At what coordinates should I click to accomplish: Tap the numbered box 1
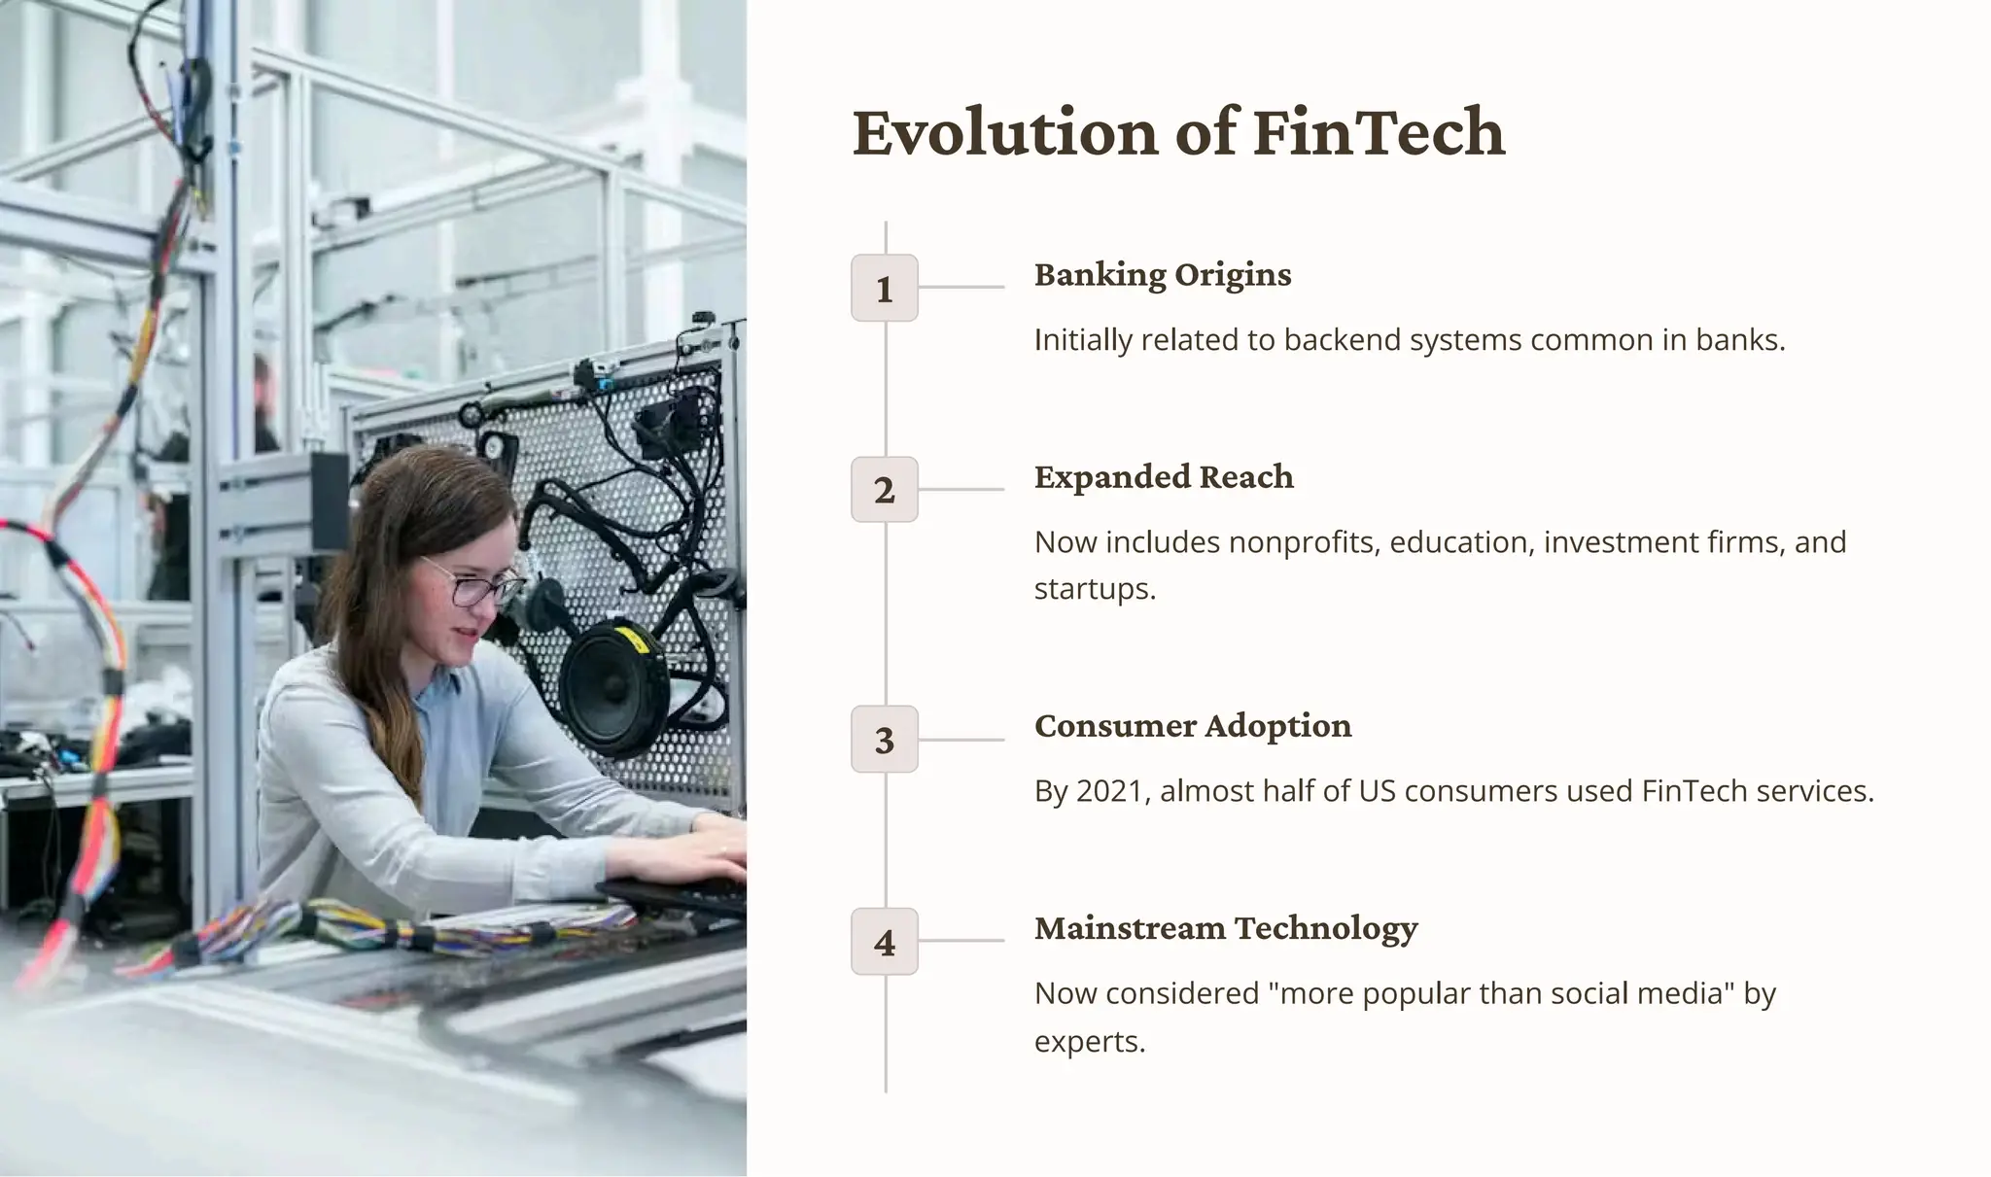(884, 288)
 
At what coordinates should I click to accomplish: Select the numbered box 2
(884, 490)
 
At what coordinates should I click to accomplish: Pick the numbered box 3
(884, 740)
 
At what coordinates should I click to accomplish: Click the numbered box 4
(884, 942)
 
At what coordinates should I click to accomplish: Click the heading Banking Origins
(1163, 275)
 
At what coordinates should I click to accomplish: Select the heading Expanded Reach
(1164, 477)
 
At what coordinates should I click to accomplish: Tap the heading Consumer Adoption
(1193, 726)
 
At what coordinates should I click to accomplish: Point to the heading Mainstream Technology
(1226, 928)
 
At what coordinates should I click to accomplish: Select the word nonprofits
(1304, 542)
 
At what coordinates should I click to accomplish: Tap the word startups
(1094, 589)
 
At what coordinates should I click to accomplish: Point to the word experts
(1089, 1042)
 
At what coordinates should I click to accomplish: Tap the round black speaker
(611, 680)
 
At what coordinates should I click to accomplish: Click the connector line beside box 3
(961, 740)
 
